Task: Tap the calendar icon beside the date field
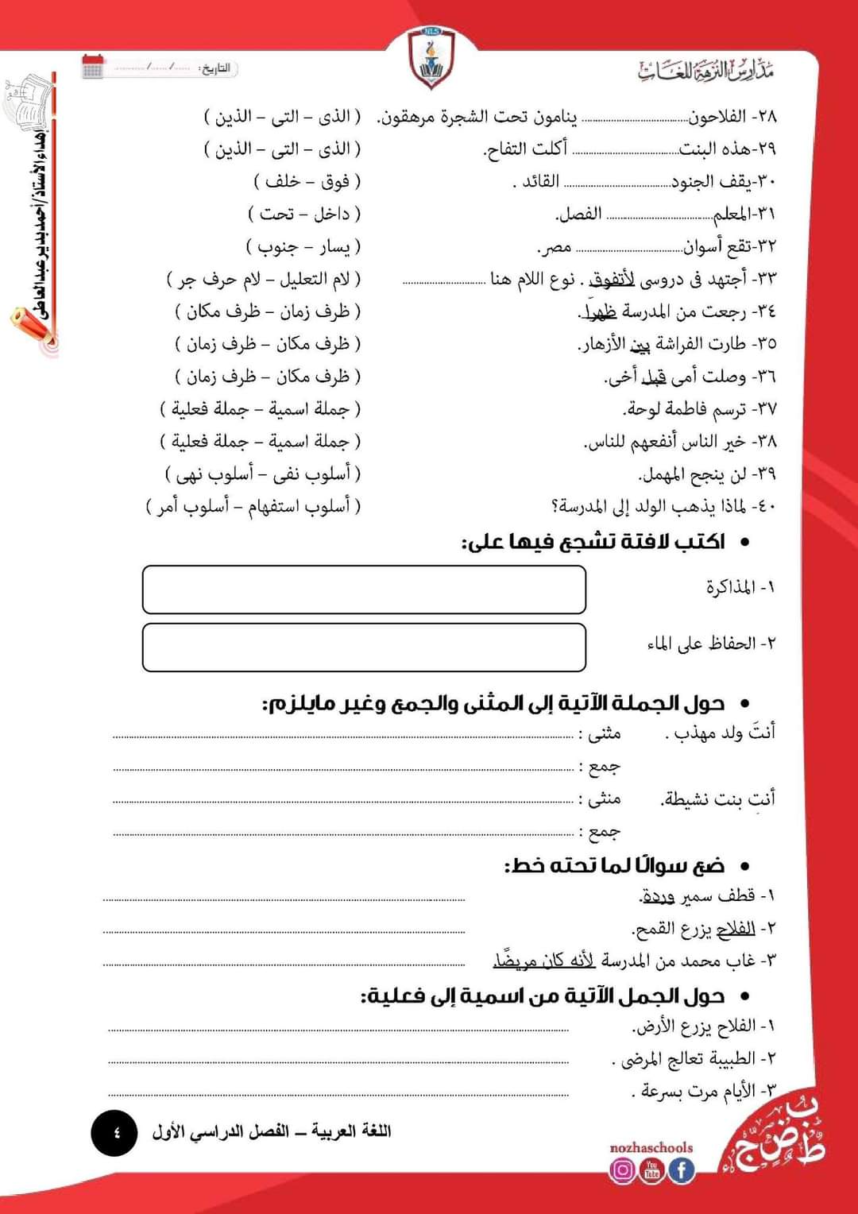pos(93,66)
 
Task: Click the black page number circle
pos(114,1132)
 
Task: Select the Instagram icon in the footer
pos(622,1170)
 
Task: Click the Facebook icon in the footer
pos(681,1170)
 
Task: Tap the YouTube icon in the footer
pos(651,1170)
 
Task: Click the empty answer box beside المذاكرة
pos(364,590)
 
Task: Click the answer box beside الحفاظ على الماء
pos(364,648)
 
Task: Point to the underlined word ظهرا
pos(600,312)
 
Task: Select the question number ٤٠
pos(763,506)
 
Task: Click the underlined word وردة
pos(658,897)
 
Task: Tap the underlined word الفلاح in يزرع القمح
pos(735,929)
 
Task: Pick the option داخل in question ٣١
pos(331,215)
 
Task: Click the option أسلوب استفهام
pos(299,506)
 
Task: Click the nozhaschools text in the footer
pos(651,1148)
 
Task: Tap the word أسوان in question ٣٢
pos(701,247)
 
